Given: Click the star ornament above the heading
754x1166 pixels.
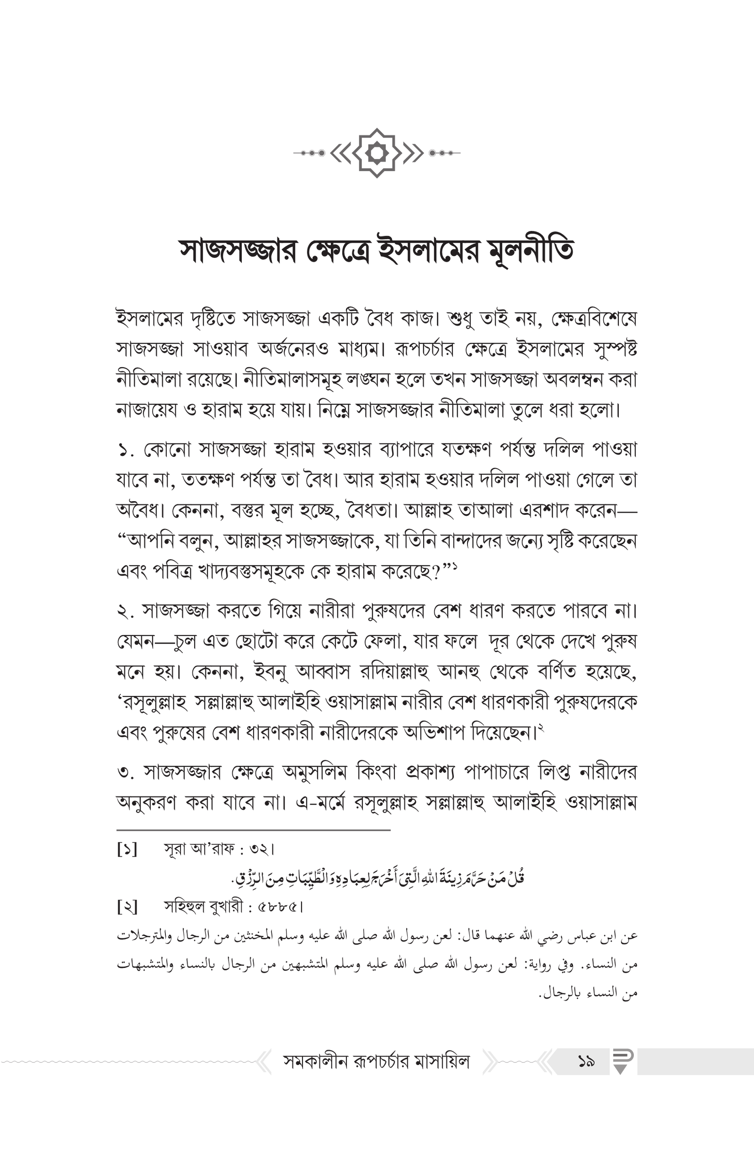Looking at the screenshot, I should (377, 153).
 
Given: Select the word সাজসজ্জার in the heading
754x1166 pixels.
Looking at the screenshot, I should (238, 251).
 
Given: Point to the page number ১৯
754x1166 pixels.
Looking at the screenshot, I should (586, 1062).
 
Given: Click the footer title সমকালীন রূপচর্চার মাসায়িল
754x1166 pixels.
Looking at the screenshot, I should (377, 1062).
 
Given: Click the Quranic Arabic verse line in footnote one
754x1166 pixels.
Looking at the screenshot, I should (378, 878).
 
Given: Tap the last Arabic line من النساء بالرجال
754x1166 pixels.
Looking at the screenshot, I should (588, 993).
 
